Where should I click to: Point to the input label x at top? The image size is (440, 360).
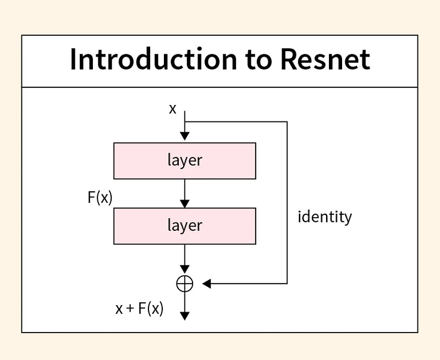click(x=173, y=109)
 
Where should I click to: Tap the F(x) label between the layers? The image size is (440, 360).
click(x=100, y=197)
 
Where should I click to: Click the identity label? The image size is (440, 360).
click(x=324, y=217)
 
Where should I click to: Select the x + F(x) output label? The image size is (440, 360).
click(x=140, y=308)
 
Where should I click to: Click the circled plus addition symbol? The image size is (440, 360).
click(x=185, y=283)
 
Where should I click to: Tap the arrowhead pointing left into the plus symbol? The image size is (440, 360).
click(x=207, y=284)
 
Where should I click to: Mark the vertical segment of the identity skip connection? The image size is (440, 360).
click(x=287, y=181)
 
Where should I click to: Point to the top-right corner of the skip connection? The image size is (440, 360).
click(x=287, y=122)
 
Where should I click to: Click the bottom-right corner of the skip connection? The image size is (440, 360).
click(x=287, y=284)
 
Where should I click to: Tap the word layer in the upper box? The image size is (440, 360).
click(x=185, y=160)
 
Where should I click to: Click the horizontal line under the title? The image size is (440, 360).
click(x=220, y=87)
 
